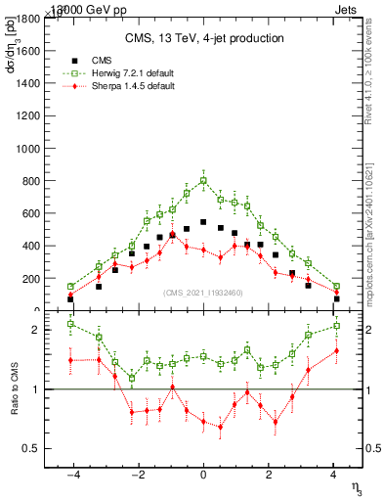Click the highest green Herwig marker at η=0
click(x=203, y=180)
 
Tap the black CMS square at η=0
click(x=203, y=222)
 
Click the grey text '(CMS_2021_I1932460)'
click(x=203, y=293)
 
